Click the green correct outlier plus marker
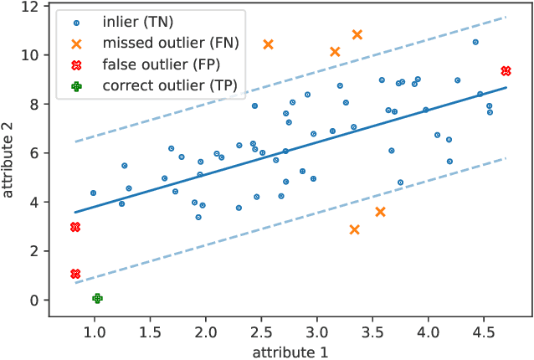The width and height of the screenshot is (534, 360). [x=97, y=298]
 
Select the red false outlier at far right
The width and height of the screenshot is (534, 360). [x=506, y=71]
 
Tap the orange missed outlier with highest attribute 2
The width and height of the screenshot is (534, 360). [x=357, y=34]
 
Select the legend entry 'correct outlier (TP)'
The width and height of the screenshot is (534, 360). [x=168, y=85]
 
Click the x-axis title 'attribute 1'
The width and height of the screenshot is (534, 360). [x=290, y=350]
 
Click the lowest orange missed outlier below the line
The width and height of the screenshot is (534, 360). [x=354, y=229]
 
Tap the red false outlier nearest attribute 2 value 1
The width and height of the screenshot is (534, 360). [x=75, y=274]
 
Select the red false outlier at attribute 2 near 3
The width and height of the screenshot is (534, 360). [x=75, y=227]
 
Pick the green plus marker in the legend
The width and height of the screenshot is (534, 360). [x=77, y=85]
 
